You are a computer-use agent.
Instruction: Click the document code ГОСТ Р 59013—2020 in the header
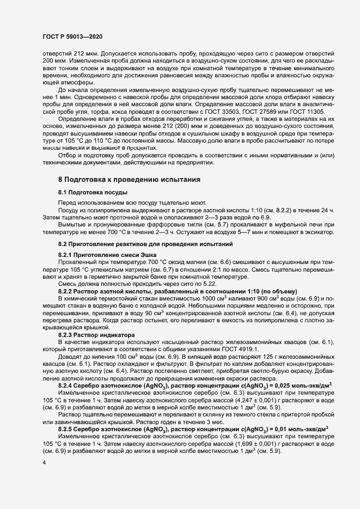coord(72,36)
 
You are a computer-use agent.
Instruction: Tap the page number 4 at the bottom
coord(44,463)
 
